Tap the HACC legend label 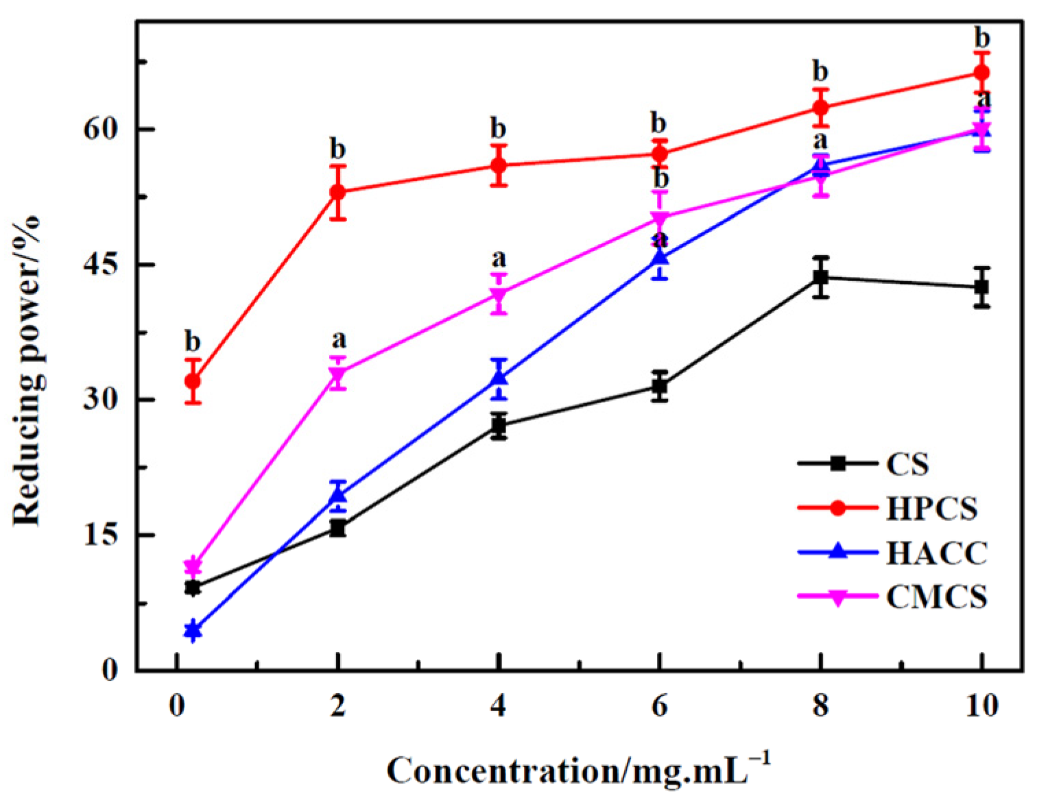click(x=936, y=553)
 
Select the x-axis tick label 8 click(x=820, y=706)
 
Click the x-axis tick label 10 click(x=982, y=706)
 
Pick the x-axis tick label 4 click(x=499, y=706)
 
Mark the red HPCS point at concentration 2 click(x=337, y=192)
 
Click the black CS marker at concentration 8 click(x=820, y=277)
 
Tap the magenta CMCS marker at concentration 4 click(x=499, y=296)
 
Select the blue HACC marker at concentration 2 click(x=337, y=495)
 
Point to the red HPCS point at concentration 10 click(x=982, y=72)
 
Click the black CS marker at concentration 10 click(x=982, y=287)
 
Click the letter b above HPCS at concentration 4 click(x=499, y=128)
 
